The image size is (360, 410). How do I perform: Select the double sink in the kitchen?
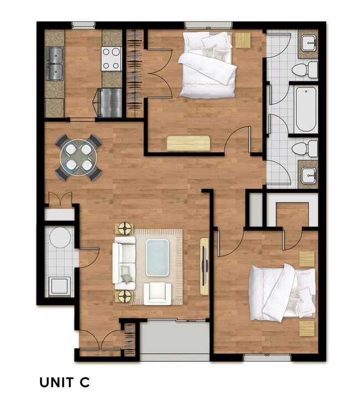click(x=54, y=63)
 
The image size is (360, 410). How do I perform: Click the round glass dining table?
click(x=79, y=157)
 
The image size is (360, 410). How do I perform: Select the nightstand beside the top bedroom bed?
click(x=243, y=40)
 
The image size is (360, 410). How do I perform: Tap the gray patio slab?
click(x=174, y=339)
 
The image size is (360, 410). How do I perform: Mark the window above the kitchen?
click(x=83, y=24)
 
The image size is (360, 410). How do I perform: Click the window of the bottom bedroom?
click(x=267, y=358)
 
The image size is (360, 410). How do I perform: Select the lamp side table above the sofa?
click(x=124, y=229)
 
